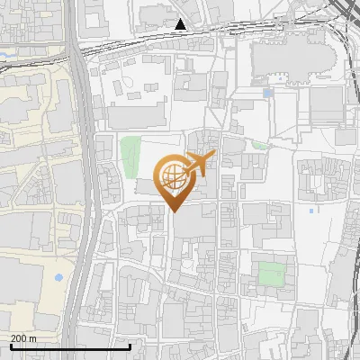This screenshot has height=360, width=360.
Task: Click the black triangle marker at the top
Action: pyautogui.click(x=182, y=24)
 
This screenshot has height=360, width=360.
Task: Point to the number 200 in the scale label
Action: pyautogui.click(x=20, y=339)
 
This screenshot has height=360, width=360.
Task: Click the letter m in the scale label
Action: pyautogui.click(x=33, y=339)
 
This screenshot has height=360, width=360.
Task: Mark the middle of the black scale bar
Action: pyautogui.click(x=70, y=346)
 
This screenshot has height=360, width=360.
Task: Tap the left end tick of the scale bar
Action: pyautogui.click(x=10, y=346)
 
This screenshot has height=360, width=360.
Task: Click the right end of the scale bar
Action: pyautogui.click(x=130, y=346)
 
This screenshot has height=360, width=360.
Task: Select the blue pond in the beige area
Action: pyautogui.click(x=59, y=276)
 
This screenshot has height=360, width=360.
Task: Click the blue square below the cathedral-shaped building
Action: pyautogui.click(x=268, y=93)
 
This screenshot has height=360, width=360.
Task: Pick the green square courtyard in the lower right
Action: pyautogui.click(x=270, y=273)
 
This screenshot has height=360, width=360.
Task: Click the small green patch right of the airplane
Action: pyautogui.click(x=260, y=144)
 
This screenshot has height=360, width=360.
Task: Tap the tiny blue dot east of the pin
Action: pyautogui.click(x=311, y=211)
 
